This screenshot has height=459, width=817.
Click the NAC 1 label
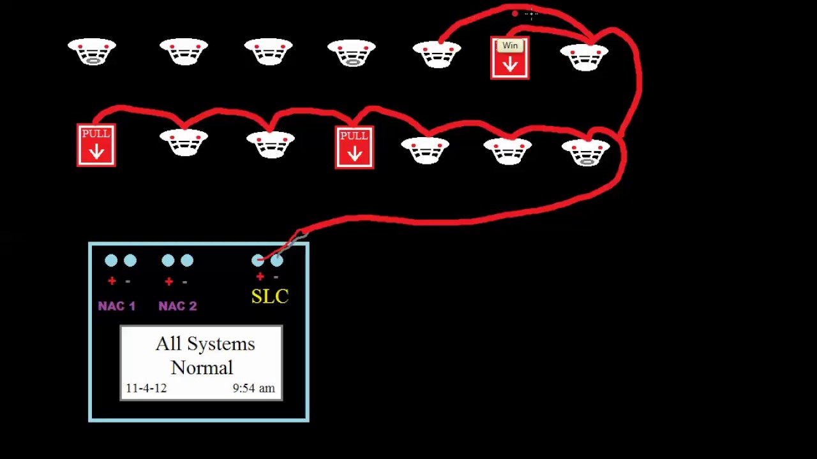click(x=117, y=306)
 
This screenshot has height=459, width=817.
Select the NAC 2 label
click(x=177, y=306)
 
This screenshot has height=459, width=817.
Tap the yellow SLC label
click(x=270, y=296)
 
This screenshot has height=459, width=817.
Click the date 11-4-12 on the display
click(x=146, y=388)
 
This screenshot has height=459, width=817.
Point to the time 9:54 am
click(x=253, y=388)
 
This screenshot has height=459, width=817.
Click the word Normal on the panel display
click(x=202, y=368)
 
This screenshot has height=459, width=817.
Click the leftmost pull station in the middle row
click(x=96, y=145)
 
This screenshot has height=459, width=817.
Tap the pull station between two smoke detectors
click(x=354, y=147)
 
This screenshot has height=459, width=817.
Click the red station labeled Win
click(x=509, y=58)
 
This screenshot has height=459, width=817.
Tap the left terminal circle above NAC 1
click(x=111, y=260)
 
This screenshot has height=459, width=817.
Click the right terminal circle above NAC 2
click(x=187, y=260)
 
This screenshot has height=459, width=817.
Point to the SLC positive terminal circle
click(x=258, y=260)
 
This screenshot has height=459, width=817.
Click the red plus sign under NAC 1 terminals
click(x=112, y=281)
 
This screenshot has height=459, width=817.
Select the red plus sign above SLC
click(x=260, y=277)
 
